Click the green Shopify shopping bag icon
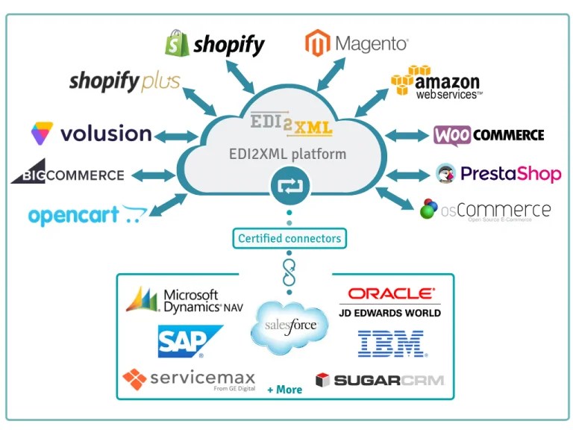pyautogui.click(x=177, y=43)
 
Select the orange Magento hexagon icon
pyautogui.click(x=317, y=43)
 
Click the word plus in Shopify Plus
pyautogui.click(x=160, y=83)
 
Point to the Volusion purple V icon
pyautogui.click(x=42, y=134)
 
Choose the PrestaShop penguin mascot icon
pyautogui.click(x=445, y=174)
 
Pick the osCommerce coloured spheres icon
pyautogui.click(x=429, y=209)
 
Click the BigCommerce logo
pyautogui.click(x=67, y=174)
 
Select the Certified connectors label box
pyautogui.click(x=289, y=239)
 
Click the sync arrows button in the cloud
pyautogui.click(x=288, y=187)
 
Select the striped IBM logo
pyautogui.click(x=390, y=343)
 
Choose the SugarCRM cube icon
pyautogui.click(x=322, y=380)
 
